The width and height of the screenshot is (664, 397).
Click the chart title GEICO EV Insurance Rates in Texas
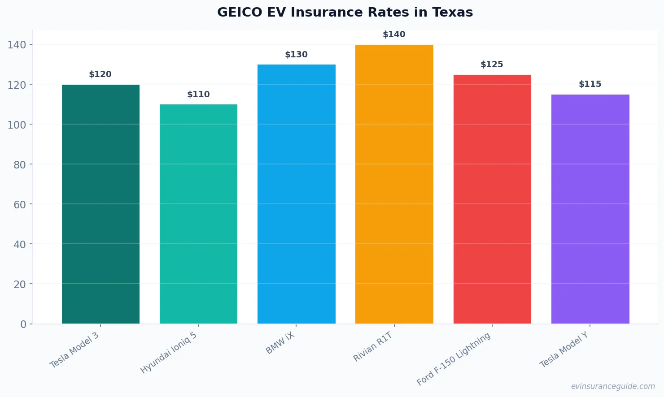tap(345, 12)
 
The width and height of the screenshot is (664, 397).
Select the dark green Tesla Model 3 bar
tap(100, 204)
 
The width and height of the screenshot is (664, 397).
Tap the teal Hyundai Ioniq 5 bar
tap(198, 214)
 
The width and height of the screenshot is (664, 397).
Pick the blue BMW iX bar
tap(296, 194)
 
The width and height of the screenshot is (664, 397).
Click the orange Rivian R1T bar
tap(394, 184)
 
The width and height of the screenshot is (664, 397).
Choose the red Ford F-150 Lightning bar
tap(492, 199)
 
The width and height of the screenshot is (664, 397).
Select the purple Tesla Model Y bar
tap(590, 209)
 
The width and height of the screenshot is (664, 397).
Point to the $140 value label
tap(394, 35)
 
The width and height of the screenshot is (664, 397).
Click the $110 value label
tap(198, 95)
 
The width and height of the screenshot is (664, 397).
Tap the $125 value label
tap(492, 65)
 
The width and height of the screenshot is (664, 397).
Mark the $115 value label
tap(590, 84)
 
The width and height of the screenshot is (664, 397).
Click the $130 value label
tap(296, 55)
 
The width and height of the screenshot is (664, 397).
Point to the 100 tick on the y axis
tap(17, 125)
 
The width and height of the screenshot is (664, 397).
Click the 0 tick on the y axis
tap(23, 324)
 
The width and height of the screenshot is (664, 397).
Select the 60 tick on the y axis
tap(20, 205)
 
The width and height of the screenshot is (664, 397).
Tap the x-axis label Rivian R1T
tap(373, 347)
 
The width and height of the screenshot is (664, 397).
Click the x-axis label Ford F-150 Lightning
tap(454, 359)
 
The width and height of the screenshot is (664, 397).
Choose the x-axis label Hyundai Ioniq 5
tap(169, 353)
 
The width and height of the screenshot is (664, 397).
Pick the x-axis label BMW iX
tap(280, 343)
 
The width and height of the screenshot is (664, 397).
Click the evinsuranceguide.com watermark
tap(613, 386)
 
